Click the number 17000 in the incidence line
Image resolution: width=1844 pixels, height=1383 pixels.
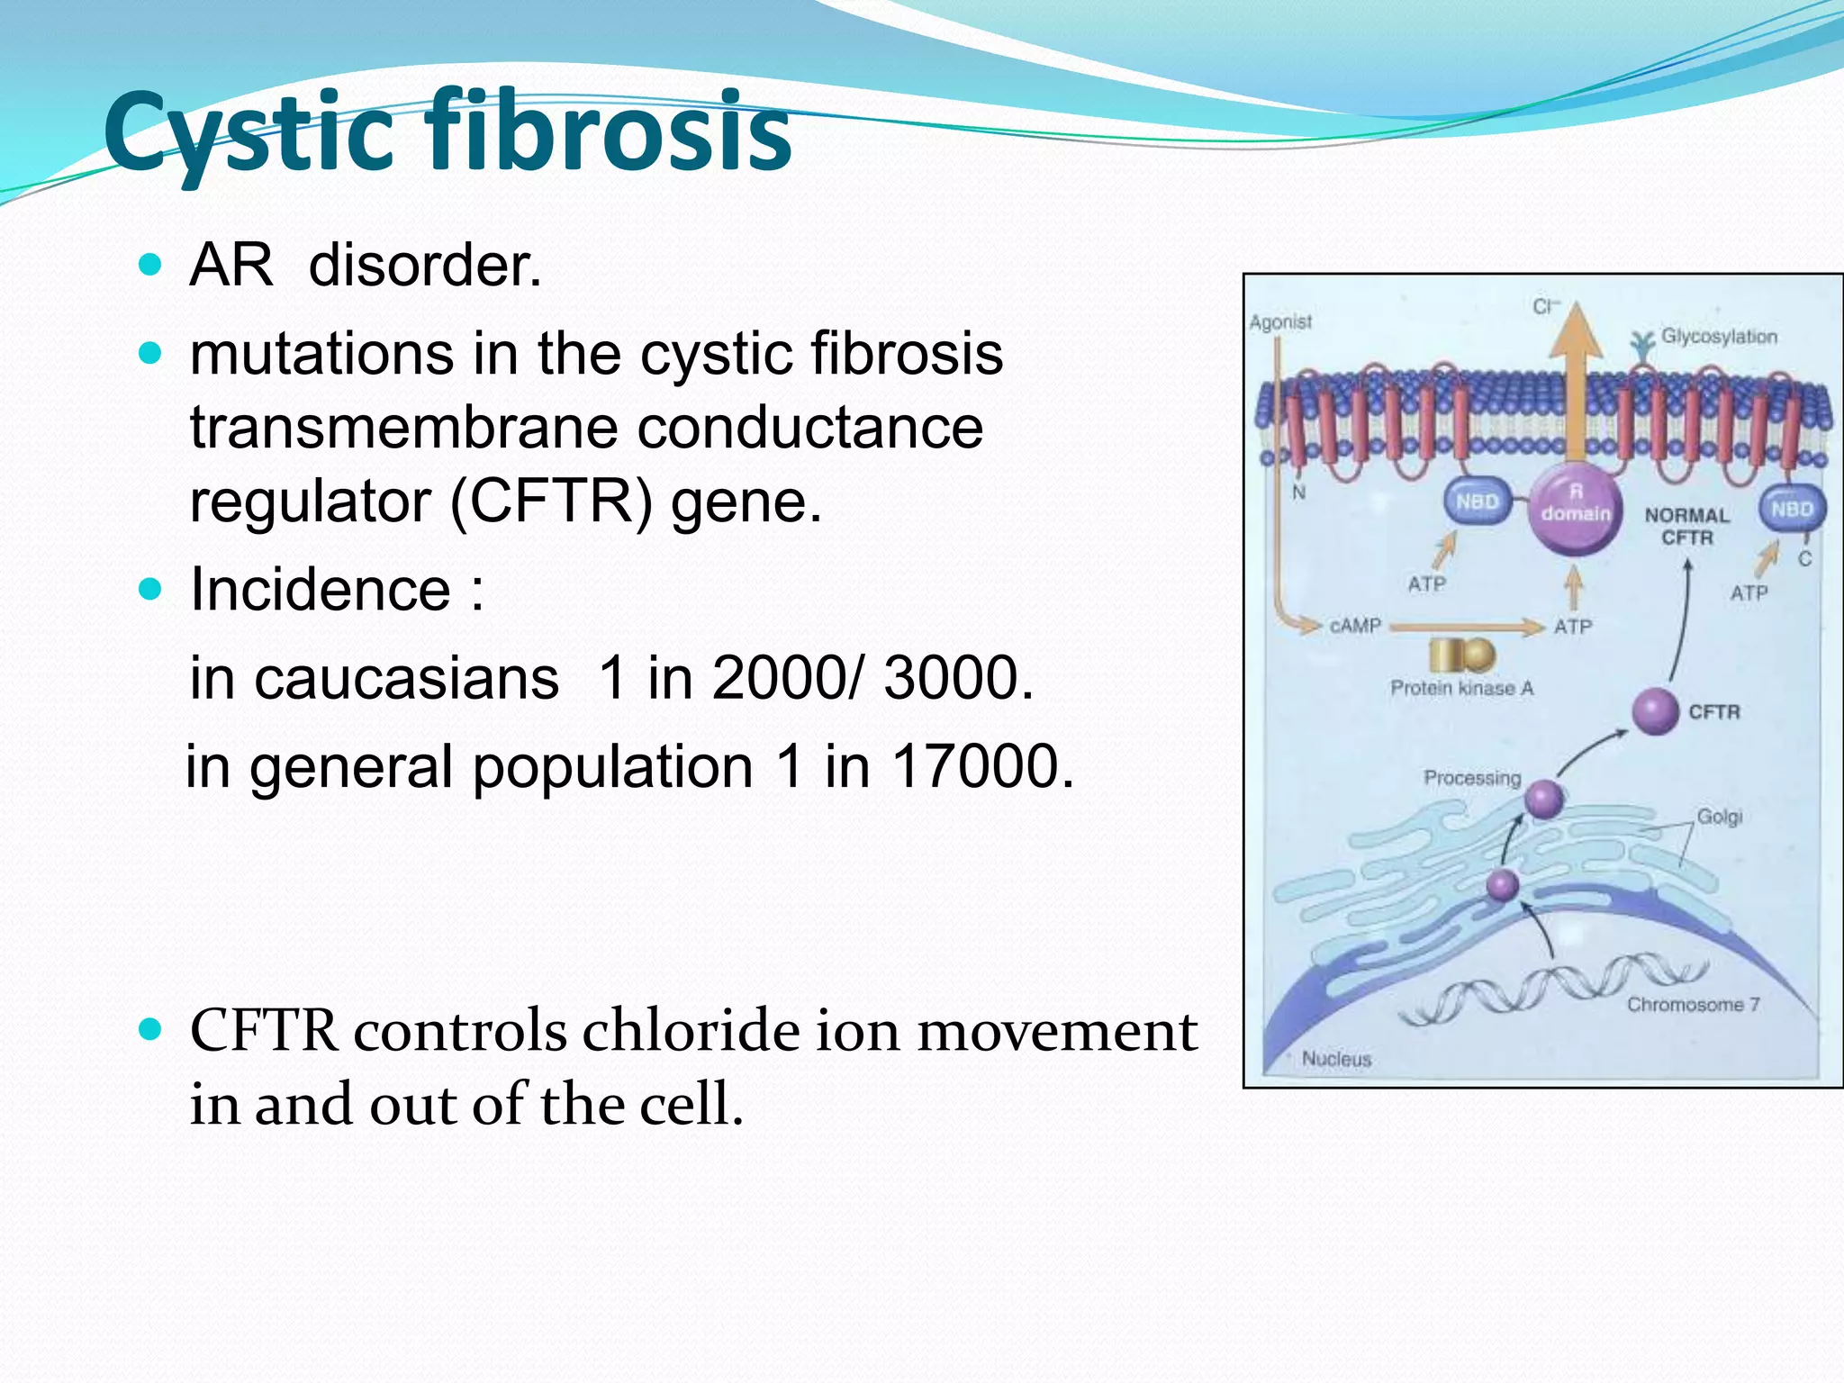point(981,766)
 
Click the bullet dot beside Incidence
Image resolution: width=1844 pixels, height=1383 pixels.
point(150,590)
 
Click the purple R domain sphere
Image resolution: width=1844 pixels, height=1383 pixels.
point(1575,510)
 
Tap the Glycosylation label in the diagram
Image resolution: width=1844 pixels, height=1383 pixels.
point(1719,337)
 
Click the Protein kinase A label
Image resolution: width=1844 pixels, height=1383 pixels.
point(1461,689)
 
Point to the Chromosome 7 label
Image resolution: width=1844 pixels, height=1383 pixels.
point(1693,1004)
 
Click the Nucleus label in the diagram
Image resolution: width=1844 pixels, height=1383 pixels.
point(1336,1059)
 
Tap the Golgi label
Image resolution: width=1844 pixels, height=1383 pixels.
point(1719,817)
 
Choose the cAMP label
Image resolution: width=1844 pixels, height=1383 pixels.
point(1355,625)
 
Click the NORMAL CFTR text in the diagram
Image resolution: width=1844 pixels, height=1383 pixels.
point(1686,527)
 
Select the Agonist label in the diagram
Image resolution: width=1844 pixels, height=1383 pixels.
point(1280,321)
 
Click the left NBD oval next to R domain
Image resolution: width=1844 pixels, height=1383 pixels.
point(1477,502)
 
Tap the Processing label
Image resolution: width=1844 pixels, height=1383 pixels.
point(1471,777)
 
